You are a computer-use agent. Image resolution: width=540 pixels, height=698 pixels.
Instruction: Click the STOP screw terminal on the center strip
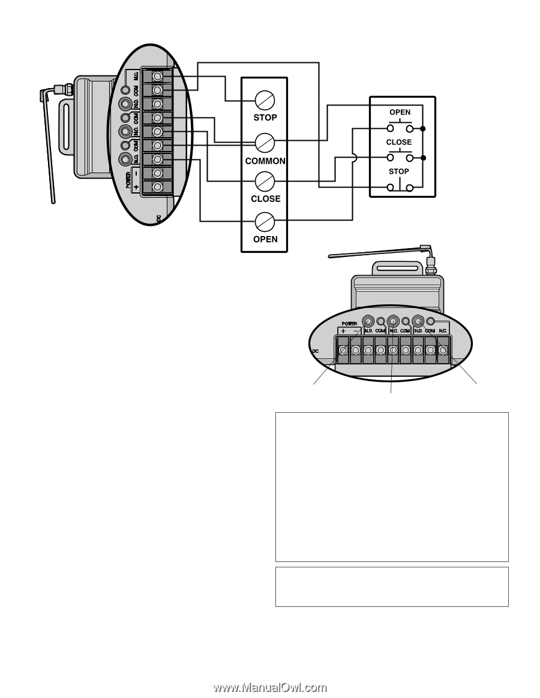point(265,99)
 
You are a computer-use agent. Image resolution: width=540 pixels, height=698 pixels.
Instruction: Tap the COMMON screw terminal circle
point(265,142)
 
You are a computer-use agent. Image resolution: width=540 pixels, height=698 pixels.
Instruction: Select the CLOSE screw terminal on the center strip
point(265,180)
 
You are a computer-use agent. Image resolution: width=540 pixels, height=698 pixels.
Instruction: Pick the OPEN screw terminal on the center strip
point(265,222)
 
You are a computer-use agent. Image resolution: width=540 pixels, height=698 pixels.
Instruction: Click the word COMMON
point(265,161)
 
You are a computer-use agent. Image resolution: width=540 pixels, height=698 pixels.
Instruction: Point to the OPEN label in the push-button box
point(400,112)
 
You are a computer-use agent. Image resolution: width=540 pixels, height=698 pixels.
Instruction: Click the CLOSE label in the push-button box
point(399,142)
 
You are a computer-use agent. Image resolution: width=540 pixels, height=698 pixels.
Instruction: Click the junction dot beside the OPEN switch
point(424,128)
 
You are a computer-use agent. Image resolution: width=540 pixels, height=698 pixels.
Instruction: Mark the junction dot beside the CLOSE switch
point(424,158)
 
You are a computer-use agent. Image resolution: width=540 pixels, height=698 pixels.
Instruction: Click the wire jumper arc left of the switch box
point(354,158)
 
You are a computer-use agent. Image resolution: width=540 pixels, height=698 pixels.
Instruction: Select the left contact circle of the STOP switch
point(390,188)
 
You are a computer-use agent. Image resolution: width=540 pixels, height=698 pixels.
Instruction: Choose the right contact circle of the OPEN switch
point(410,128)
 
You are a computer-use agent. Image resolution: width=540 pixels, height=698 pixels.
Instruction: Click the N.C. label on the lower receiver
point(443,330)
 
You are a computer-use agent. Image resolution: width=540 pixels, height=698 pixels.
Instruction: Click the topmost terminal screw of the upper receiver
point(157,77)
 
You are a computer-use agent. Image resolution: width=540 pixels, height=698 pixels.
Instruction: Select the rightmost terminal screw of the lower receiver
point(443,349)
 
